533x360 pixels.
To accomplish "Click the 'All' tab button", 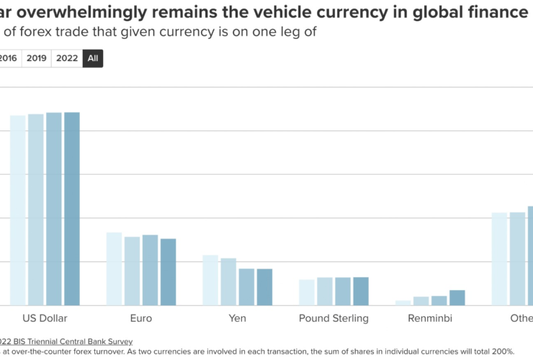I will (x=92, y=58).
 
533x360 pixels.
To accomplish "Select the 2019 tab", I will (x=37, y=58).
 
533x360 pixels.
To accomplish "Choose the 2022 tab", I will (x=66, y=58).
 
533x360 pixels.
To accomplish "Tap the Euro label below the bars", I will (x=141, y=318).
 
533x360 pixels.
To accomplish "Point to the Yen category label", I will (x=238, y=318).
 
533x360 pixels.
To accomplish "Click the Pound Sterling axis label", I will (x=333, y=318).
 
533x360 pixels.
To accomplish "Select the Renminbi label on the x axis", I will (x=430, y=318).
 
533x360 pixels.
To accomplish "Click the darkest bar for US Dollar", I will (x=72, y=209).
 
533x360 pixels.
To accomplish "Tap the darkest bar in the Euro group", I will (x=168, y=271).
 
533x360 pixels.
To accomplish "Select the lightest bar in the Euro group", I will (x=114, y=269).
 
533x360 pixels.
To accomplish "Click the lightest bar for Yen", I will (x=210, y=280).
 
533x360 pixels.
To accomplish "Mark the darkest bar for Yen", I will (x=264, y=287).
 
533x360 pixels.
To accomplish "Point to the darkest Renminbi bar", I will (x=457, y=297).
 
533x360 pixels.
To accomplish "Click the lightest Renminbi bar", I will (x=403, y=302).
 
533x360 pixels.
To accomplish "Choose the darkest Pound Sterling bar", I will (x=361, y=291).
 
